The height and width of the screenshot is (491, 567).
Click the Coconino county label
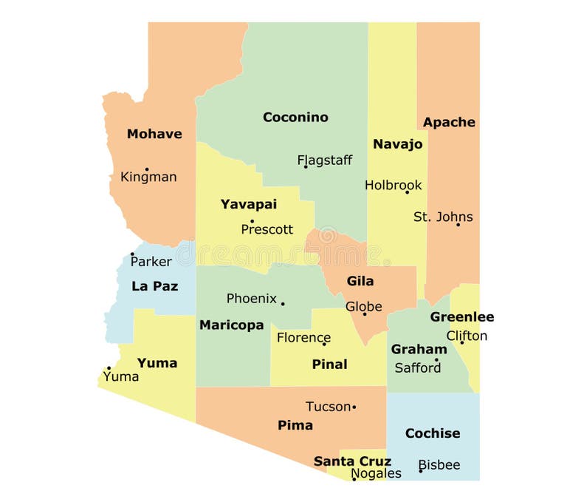click(295, 118)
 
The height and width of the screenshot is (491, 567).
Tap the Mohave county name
click(154, 134)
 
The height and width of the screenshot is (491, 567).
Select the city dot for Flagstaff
click(306, 166)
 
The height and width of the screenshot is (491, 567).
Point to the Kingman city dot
click(146, 169)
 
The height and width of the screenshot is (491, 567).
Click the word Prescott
click(267, 230)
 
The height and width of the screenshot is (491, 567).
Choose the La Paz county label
click(154, 286)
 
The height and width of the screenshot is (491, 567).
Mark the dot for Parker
click(132, 254)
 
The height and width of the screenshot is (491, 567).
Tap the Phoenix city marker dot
click(282, 303)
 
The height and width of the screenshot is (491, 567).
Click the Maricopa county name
click(231, 325)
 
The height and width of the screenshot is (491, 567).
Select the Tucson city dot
click(354, 407)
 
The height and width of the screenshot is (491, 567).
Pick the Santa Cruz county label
click(352, 461)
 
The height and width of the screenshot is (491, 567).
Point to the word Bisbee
click(439, 465)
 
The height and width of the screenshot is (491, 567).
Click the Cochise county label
click(433, 433)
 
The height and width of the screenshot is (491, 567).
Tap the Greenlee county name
click(462, 317)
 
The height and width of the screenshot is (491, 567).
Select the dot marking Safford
click(436, 361)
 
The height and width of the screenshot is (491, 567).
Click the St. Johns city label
click(443, 217)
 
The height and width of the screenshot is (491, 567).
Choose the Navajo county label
click(397, 144)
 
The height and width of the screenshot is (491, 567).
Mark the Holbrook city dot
click(407, 192)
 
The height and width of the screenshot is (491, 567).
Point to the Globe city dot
click(364, 314)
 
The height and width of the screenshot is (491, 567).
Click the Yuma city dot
click(109, 368)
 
